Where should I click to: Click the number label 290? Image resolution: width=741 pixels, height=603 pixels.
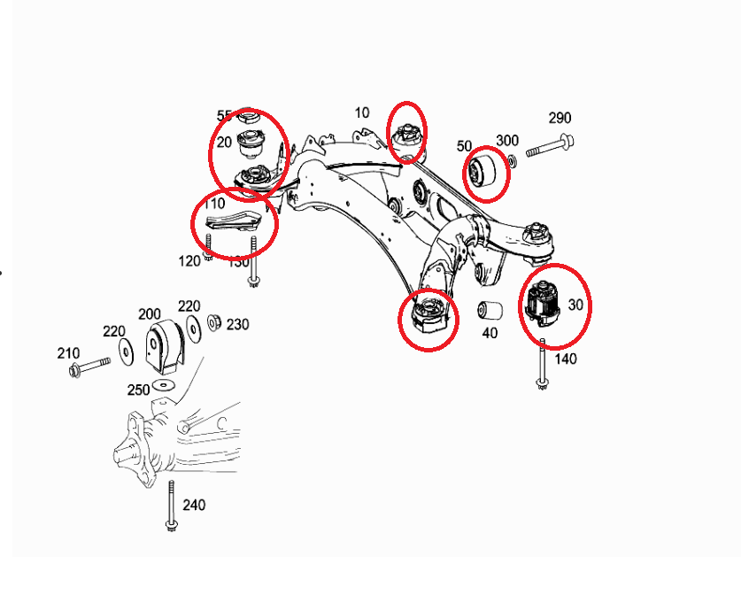pos(560,118)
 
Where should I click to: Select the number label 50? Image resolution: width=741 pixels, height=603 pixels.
pos(465,145)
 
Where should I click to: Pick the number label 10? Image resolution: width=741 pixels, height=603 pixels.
pos(362,112)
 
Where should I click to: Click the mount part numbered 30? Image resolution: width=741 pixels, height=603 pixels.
pos(543,304)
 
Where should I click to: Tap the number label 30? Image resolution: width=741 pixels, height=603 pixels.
pos(575,304)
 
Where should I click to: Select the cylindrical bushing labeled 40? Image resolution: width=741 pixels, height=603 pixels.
pos(490,312)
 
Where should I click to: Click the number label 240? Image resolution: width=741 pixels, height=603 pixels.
pos(194,505)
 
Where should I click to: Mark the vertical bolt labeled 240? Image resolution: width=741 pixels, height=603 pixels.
pos(169,505)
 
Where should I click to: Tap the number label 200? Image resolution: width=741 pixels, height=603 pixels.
pos(150,314)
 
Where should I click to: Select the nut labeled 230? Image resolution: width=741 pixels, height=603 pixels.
pos(213,321)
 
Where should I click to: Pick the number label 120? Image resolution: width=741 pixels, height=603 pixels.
pos(189,260)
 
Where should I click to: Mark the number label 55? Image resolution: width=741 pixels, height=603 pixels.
pos(224,116)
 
